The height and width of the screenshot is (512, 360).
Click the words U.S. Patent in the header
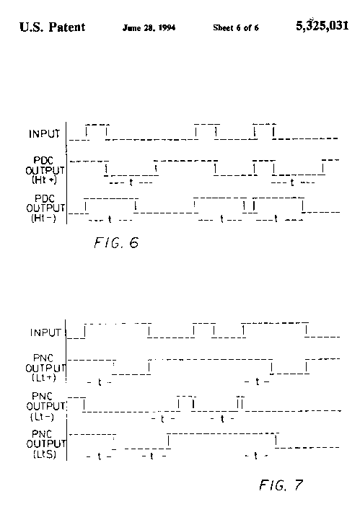[x=52, y=27]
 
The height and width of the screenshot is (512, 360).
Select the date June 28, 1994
[x=149, y=27]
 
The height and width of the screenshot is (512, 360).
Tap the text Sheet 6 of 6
[x=236, y=27]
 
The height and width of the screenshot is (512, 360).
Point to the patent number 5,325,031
[x=322, y=25]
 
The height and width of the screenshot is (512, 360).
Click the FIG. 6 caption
[x=116, y=242]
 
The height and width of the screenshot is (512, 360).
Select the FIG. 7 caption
[x=281, y=485]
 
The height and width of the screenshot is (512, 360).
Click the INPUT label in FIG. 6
[x=45, y=134]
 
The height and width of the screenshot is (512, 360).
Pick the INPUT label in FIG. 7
[x=45, y=332]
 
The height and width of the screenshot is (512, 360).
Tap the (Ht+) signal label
[x=44, y=180]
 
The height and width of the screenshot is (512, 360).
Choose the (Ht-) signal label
[x=44, y=218]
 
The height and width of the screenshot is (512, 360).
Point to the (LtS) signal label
[x=45, y=454]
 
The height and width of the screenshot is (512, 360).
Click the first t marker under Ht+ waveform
[x=131, y=182]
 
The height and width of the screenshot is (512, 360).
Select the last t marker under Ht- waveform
[x=276, y=219]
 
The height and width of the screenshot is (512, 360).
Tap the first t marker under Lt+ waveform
[x=100, y=382]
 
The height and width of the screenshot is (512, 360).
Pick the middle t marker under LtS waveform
[x=152, y=456]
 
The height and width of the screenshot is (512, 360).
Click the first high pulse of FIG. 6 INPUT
[x=97, y=131]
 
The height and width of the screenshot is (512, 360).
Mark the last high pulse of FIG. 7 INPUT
[x=275, y=329]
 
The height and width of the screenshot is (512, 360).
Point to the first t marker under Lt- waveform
[x=162, y=419]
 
